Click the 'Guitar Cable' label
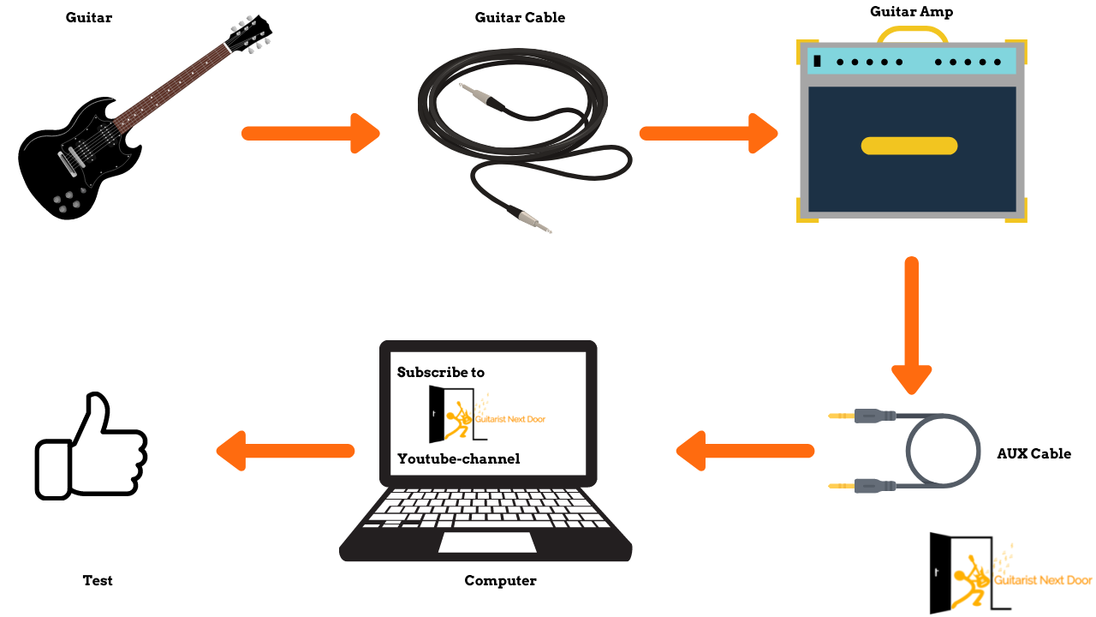520,17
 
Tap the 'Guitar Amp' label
910,11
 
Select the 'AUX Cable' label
1033,453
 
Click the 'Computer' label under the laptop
500,580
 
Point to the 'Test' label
98,580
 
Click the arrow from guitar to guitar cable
310,133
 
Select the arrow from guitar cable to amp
708,133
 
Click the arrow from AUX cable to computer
745,451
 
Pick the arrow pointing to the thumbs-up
285,451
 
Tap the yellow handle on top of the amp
912,34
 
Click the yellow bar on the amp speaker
908,146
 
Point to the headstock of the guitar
248,34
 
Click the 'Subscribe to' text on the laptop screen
441,372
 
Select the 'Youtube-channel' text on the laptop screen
458,458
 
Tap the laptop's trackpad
487,542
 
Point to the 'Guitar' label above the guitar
89,17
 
